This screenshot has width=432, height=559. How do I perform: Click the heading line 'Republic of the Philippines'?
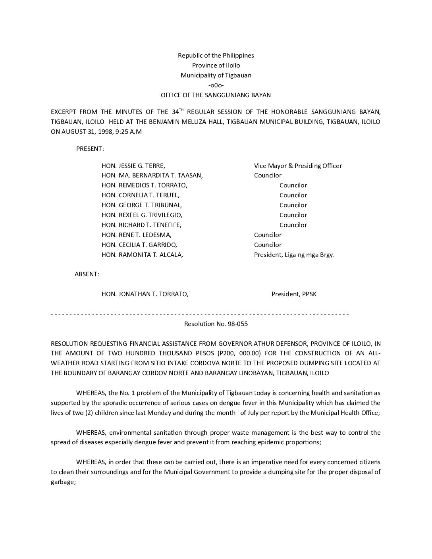216,56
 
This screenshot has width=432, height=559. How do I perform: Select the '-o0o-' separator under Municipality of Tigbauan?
216,85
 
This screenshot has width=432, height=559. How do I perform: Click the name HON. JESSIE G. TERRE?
133,166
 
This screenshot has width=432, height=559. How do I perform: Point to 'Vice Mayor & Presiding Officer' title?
298,166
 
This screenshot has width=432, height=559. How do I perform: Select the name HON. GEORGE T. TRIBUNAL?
142,205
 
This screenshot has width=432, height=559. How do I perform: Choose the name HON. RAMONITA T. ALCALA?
142,255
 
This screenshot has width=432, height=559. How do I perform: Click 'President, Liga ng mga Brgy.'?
294,255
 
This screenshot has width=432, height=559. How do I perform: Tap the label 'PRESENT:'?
90,149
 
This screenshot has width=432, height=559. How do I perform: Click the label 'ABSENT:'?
87,274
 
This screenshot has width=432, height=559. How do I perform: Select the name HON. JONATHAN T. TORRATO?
145,294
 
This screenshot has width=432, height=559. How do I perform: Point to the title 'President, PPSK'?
294,294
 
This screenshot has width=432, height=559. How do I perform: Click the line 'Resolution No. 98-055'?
216,324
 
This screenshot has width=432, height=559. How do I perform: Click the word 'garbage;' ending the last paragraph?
63,482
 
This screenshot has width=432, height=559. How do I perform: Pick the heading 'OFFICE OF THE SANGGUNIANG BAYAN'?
216,95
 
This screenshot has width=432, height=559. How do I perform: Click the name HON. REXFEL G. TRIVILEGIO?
142,215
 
